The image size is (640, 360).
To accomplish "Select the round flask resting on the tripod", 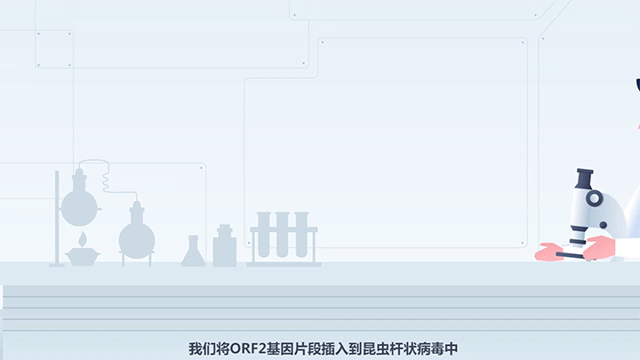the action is (136, 237).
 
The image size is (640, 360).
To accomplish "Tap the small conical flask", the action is (193, 254).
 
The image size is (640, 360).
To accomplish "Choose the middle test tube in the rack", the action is (283, 236).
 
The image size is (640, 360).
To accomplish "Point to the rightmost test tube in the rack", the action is (301, 236).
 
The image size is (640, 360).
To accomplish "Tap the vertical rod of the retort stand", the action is (57, 218).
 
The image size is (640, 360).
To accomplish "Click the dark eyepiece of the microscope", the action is (583, 179).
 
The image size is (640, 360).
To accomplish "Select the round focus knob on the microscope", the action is (595, 199).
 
